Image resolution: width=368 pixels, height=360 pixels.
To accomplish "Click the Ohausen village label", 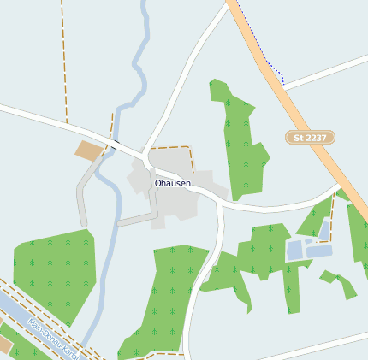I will (173, 183).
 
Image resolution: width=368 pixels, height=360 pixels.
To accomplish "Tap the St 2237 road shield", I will (310, 137).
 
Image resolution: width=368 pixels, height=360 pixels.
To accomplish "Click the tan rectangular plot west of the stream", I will (88, 150).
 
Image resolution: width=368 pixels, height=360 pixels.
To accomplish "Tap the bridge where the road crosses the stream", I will (112, 144).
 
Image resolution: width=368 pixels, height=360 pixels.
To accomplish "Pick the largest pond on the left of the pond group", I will (294, 250).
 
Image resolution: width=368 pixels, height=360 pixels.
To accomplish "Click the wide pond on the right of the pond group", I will (319, 251).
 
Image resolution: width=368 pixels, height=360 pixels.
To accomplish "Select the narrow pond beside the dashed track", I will (324, 228).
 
